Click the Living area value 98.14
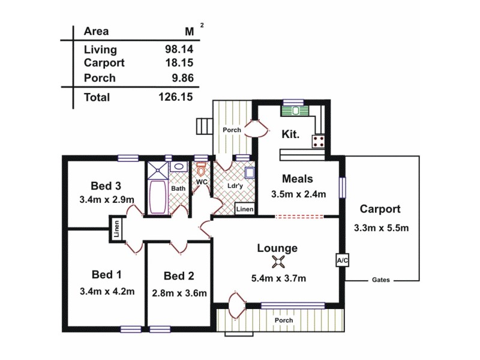pos(179,50)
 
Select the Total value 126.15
pos(175,97)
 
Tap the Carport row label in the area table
pos(104,62)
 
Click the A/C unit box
pos(342,260)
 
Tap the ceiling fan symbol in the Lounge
pos(278,261)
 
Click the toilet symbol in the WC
pos(201,169)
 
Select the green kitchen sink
pos(295,111)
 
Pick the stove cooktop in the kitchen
pos(319,142)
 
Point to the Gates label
pos(381,280)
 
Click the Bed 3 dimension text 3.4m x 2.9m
pos(107,199)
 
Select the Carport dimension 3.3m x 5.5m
pos(381,227)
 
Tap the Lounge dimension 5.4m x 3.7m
pos(278,278)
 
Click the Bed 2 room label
pos(179,276)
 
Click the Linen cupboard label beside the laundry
pos(244,209)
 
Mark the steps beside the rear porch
pos(204,127)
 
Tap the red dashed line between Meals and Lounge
pos(299,217)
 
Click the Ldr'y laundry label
pos(235,185)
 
